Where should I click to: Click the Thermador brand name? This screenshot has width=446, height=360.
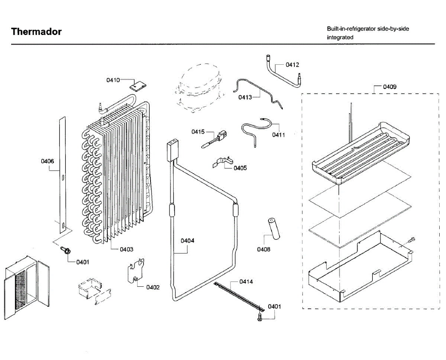coord(36,32)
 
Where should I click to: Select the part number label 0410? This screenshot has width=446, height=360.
coord(113,80)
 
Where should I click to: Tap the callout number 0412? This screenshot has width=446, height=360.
coord(292,65)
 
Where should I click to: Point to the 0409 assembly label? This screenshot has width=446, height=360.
coord(390,87)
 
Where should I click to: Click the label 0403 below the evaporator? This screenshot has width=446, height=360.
coord(126,249)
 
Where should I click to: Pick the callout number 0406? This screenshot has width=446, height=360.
coord(47,161)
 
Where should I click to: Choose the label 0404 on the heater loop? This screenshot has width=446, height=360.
coord(187,241)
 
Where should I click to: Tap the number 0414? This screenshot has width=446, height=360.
coord(246,282)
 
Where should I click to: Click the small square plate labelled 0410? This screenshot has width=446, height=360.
coord(138,86)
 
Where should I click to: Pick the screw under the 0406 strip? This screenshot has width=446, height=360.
coord(65,250)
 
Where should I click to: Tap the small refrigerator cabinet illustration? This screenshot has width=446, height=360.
coord(26,285)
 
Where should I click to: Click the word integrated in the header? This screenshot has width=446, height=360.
coord(340,37)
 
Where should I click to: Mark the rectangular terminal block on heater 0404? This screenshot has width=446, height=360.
coord(172,149)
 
